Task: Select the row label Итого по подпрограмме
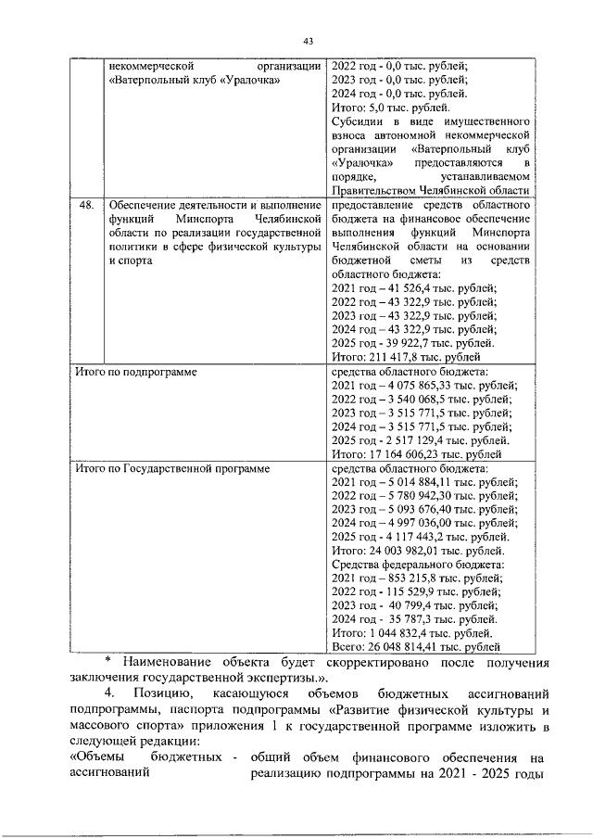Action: coord(135,372)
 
